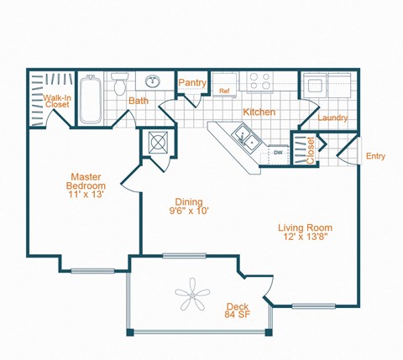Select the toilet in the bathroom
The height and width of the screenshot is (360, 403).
click(x=119, y=85)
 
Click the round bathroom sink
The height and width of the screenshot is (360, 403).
click(x=153, y=82)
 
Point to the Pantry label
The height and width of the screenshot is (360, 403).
click(x=193, y=83)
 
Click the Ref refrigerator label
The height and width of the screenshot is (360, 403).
click(x=224, y=91)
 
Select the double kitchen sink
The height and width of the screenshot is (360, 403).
click(x=246, y=136)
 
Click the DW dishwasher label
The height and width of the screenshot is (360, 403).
click(x=277, y=153)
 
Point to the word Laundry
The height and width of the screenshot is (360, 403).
click(x=332, y=118)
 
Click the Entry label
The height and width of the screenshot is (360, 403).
click(x=375, y=156)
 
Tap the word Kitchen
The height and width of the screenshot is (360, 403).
click(x=259, y=112)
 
